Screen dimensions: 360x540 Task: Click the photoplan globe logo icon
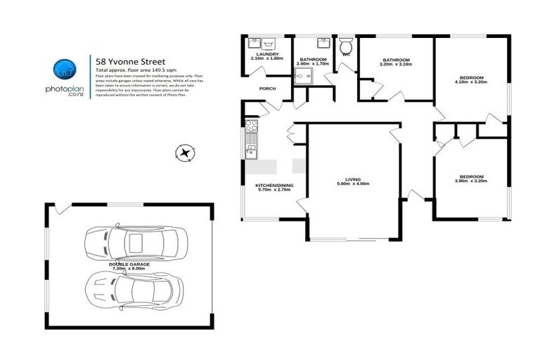coord(65,69)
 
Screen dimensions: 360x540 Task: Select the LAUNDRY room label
coord(266,53)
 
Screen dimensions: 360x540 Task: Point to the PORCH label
coord(267,89)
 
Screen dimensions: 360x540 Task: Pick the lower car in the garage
coord(134,288)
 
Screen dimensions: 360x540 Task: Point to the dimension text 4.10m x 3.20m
coord(471,82)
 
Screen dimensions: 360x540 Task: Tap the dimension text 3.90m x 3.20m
coord(471,181)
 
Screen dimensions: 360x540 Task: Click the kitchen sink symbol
coord(251,147)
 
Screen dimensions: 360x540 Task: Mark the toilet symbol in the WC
coord(346,42)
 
